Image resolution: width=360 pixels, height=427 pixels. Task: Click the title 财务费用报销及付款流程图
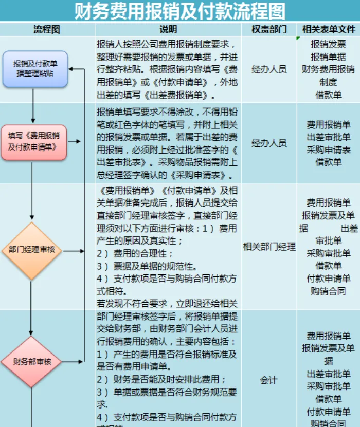point(179,11)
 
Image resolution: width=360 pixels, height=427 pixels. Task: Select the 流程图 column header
point(47,29)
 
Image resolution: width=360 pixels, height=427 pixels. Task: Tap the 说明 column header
point(168,29)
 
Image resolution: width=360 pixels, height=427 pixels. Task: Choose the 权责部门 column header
point(269,29)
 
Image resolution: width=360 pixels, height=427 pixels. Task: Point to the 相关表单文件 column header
point(329,29)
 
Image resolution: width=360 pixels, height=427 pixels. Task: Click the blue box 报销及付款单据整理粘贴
point(35,69)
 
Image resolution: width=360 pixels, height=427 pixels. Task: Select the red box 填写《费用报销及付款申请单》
point(34,142)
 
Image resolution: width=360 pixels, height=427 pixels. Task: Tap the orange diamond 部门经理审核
point(32,251)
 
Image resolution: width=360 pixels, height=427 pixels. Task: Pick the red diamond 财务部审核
point(32,361)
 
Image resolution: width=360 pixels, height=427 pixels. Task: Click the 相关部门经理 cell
point(269,247)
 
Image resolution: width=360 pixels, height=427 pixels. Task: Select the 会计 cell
point(269,380)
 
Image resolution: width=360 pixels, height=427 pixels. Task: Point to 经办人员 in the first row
point(269,69)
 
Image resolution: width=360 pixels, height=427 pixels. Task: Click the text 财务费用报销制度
point(328,76)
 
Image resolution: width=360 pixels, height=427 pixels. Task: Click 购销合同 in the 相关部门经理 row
point(328,291)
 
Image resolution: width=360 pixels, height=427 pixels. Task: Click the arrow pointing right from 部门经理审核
point(75,251)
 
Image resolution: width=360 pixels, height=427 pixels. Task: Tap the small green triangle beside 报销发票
point(298,39)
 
